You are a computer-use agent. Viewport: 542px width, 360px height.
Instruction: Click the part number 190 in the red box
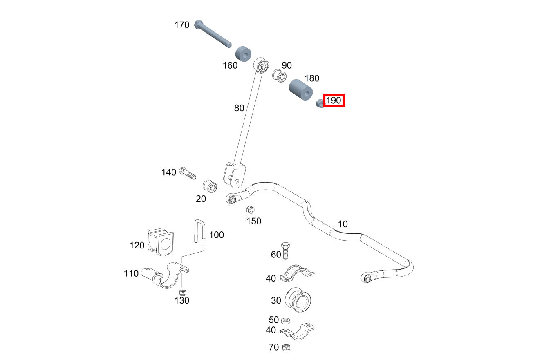(334, 100)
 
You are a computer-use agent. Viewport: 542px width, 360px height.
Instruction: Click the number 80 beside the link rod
(239, 108)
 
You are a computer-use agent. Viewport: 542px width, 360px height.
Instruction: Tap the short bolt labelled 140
(187, 173)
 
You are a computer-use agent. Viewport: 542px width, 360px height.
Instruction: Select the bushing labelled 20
(210, 185)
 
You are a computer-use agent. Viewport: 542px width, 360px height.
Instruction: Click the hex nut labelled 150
(250, 210)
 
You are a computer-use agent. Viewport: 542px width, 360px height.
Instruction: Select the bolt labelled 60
(286, 249)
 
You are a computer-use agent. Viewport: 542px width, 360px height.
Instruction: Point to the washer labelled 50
(286, 320)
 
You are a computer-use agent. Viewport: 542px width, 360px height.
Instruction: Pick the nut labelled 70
(286, 347)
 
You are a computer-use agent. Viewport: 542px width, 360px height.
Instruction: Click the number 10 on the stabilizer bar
(343, 224)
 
